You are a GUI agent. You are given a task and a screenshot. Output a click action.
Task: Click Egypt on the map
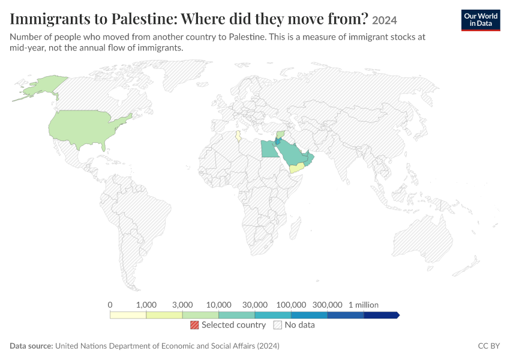tap(269, 149)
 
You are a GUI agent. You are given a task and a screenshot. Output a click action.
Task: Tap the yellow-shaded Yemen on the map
tap(296, 168)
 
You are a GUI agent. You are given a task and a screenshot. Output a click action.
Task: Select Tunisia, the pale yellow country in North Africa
tap(238, 136)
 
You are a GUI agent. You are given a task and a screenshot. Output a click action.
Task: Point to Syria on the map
tap(280, 134)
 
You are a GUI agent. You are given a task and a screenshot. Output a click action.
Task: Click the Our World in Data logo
tap(481, 20)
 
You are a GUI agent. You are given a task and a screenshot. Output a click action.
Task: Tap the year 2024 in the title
tap(385, 20)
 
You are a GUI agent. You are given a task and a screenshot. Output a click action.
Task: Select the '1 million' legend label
tap(364, 305)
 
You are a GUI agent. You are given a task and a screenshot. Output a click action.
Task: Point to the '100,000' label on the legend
tap(291, 305)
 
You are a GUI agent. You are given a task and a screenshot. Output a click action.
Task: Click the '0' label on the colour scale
tap(110, 305)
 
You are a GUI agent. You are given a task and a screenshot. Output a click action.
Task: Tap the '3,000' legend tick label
tap(182, 305)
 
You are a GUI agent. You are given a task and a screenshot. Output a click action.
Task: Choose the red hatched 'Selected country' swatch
tap(194, 325)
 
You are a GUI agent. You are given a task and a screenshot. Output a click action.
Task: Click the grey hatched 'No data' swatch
tap(278, 325)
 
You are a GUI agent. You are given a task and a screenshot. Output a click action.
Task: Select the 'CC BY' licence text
tap(489, 346)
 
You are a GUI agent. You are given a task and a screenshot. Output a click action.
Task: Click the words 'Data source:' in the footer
tap(31, 346)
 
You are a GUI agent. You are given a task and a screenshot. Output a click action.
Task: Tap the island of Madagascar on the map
tap(295, 229)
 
